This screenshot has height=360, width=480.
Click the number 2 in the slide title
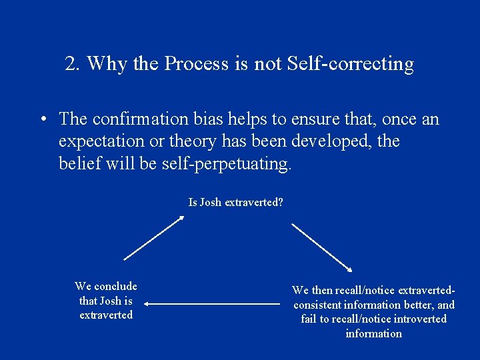[x=71, y=64]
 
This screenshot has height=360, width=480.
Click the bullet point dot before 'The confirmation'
[x=43, y=120]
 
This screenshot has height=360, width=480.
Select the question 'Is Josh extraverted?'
[x=235, y=202]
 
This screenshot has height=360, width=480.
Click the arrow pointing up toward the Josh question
[x=154, y=237]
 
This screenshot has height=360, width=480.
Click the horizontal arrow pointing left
[x=212, y=305]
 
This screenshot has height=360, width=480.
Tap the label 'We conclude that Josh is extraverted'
[x=106, y=301]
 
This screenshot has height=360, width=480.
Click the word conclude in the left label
[x=115, y=287]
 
